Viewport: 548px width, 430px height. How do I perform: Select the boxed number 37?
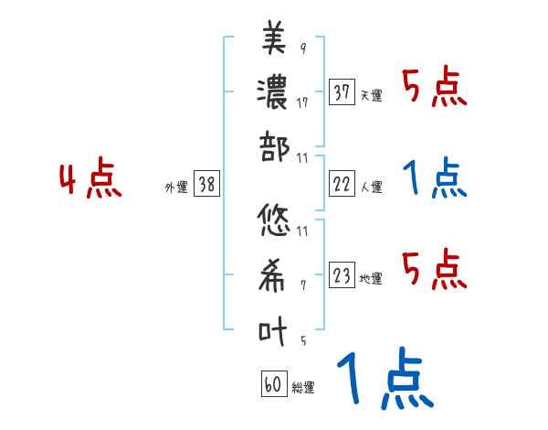[342, 91]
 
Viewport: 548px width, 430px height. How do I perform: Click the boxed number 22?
[342, 184]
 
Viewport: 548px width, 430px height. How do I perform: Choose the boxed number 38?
[206, 184]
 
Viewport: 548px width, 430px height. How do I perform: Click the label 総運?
[303, 388]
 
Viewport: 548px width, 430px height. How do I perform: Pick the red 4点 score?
[91, 180]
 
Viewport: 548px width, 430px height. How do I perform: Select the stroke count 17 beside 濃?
[302, 102]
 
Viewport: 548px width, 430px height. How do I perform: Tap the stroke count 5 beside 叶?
[302, 341]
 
